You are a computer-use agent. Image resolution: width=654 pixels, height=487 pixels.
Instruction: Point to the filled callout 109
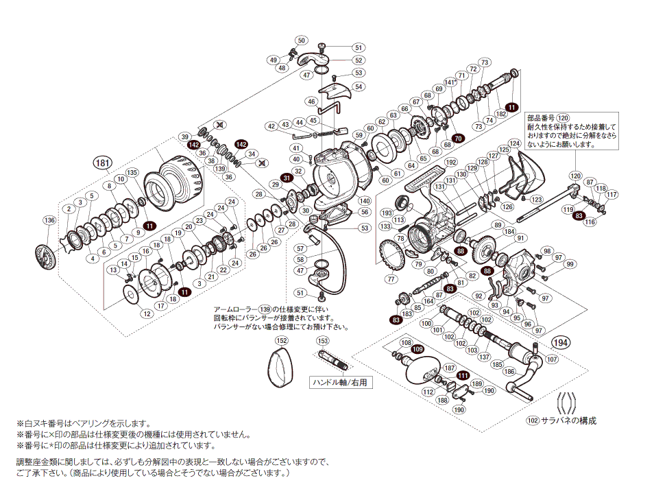pos(418,350)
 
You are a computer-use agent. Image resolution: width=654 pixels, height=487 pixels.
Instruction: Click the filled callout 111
pos(463,375)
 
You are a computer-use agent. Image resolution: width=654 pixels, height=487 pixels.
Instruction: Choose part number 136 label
pos(49,220)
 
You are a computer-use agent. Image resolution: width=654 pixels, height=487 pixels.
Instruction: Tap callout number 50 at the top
pos(302,40)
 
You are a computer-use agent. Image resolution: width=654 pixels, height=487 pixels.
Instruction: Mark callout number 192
pos(451,163)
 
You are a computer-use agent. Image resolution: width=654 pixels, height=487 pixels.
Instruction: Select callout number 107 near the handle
pos(553,358)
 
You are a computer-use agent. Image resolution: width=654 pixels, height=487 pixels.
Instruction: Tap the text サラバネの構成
pos(568,420)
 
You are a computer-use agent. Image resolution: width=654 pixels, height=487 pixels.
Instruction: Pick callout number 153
pos(323,341)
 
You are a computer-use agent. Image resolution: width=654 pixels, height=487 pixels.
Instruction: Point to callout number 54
pos(358,87)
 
